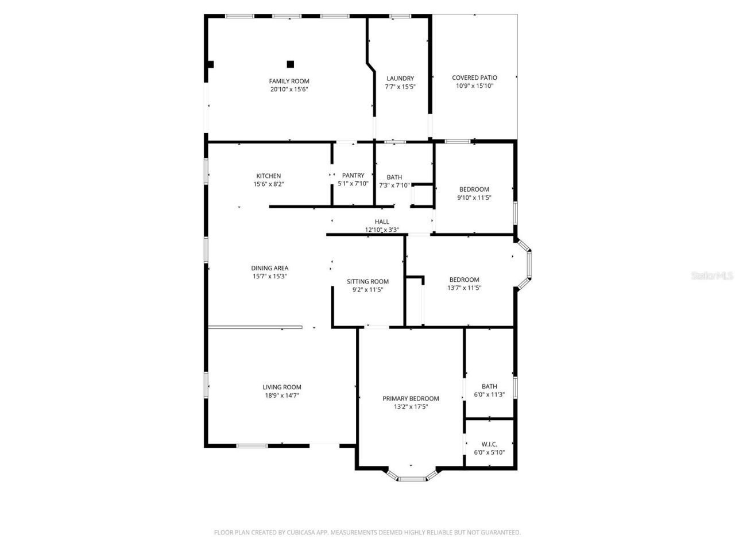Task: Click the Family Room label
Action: click(289, 81)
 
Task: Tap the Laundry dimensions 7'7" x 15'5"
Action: click(400, 87)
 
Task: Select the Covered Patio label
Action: click(474, 77)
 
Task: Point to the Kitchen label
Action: click(268, 176)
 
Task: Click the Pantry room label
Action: click(353, 176)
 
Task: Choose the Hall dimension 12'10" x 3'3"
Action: click(382, 230)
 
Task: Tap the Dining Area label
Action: click(270, 268)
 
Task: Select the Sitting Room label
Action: click(367, 281)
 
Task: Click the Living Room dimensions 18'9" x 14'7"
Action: click(281, 395)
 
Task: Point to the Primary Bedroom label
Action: click(411, 398)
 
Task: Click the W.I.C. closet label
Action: click(489, 444)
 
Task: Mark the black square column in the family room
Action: click(291, 64)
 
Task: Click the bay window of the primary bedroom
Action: click(411, 476)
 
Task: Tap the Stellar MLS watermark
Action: click(712, 276)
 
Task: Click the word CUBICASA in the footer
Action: click(303, 533)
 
